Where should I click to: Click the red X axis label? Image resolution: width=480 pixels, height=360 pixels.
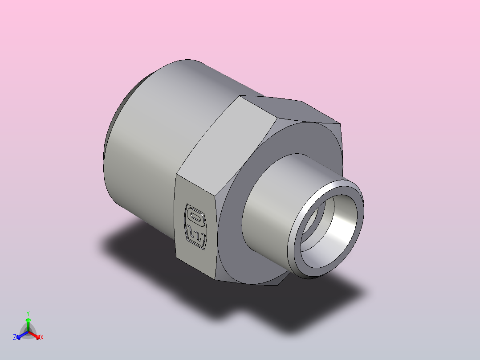(42, 338)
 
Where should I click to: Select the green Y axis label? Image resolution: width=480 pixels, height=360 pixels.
(28, 313)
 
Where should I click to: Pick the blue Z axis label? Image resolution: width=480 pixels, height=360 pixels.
(15, 338)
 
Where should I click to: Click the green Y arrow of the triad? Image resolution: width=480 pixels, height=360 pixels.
(28, 323)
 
